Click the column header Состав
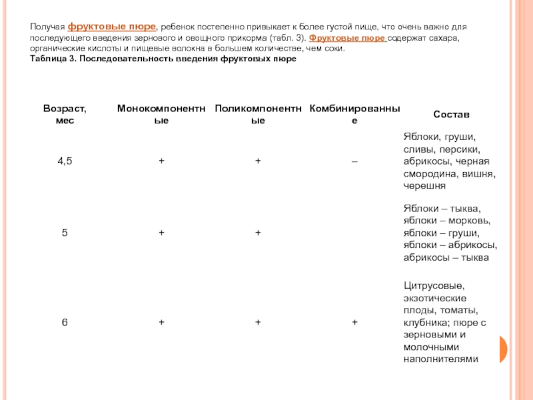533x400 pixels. (451, 114)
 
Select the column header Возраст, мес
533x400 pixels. (65, 114)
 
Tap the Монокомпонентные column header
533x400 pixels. (161, 114)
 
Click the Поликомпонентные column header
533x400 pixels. (258, 114)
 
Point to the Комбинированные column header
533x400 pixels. (354, 114)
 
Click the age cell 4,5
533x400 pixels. (65, 161)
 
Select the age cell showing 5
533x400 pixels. (65, 232)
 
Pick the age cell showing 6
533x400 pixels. (65, 322)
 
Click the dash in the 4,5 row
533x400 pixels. (354, 161)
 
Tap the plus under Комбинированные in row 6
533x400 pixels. (354, 323)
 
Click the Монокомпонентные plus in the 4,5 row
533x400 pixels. (161, 161)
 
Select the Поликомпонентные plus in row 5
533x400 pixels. (258, 233)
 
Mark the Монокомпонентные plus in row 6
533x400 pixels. (161, 323)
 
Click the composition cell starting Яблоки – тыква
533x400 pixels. (450, 232)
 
